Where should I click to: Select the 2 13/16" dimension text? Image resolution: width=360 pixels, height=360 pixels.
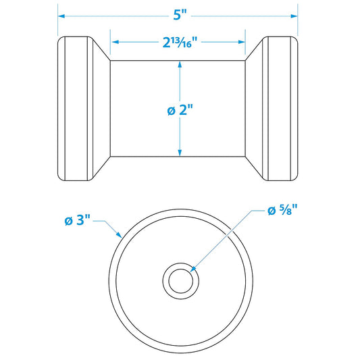click(178, 43)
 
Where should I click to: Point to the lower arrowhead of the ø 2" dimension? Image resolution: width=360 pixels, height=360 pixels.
click(180, 152)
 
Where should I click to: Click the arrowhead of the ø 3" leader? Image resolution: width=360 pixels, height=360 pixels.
click(120, 236)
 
